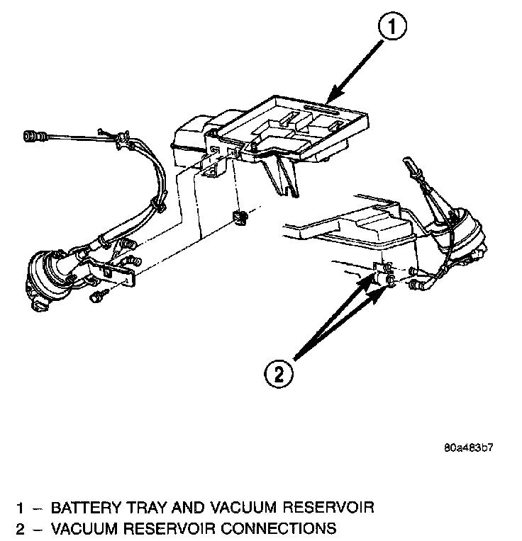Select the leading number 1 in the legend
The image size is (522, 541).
21,507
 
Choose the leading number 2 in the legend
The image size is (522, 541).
21,528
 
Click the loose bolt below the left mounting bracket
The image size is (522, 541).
96,297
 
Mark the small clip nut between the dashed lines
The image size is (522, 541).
240,217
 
